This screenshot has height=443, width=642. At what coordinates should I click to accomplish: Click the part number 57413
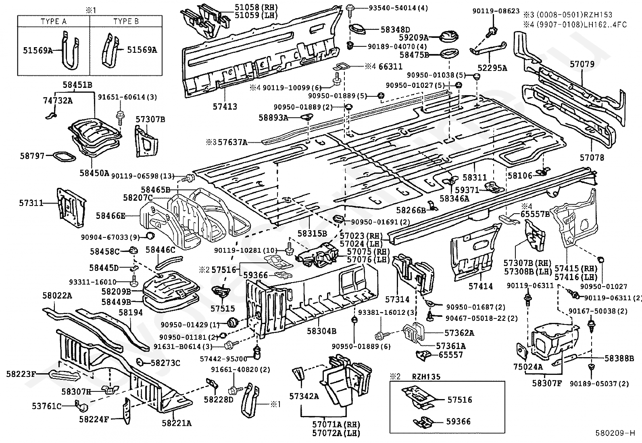(225, 106)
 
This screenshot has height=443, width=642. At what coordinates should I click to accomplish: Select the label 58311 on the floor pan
(475, 178)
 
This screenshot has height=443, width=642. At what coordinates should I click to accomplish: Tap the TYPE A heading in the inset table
(54, 21)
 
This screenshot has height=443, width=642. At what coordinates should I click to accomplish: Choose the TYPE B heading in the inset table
(126, 21)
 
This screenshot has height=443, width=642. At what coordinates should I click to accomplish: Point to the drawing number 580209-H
(615, 433)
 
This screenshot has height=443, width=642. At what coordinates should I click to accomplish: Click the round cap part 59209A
(448, 37)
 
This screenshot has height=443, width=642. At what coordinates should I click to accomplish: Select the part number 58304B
(321, 331)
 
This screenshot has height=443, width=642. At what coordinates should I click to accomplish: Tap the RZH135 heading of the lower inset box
(426, 376)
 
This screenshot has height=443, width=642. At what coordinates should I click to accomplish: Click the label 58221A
(177, 423)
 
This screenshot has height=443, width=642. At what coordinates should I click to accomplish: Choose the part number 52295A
(492, 68)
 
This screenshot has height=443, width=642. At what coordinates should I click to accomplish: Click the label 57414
(481, 286)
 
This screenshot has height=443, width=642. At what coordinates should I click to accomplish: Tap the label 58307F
(547, 383)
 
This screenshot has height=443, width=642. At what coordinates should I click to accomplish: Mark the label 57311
(31, 203)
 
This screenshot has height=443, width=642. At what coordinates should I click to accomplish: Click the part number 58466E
(110, 216)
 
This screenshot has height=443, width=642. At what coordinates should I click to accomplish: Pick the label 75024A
(528, 366)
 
